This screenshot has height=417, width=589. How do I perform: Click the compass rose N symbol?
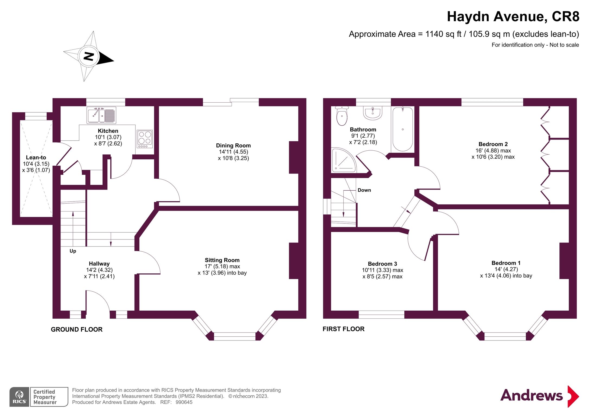88,56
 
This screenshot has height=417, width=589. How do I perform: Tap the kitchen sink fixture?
101,115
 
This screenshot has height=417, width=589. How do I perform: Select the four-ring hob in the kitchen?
145,139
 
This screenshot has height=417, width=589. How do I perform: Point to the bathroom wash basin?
373,113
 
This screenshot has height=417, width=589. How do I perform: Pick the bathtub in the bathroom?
403,129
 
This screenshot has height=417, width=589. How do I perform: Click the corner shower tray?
342,161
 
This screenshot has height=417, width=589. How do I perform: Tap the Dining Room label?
233,146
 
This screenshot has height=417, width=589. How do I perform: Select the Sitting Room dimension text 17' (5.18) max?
222,266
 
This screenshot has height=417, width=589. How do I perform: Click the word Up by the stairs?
73,251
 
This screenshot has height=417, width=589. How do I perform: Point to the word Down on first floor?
364,190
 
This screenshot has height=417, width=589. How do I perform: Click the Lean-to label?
36,157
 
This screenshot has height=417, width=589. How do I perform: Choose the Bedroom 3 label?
382,264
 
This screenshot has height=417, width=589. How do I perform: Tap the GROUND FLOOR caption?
76,329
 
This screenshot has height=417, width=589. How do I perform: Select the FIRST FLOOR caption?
343,329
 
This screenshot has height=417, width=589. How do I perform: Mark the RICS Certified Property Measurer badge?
39,397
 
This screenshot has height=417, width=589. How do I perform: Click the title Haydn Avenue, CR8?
513,17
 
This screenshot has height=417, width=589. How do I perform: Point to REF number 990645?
184,402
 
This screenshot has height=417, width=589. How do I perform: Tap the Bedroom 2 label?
493,144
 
